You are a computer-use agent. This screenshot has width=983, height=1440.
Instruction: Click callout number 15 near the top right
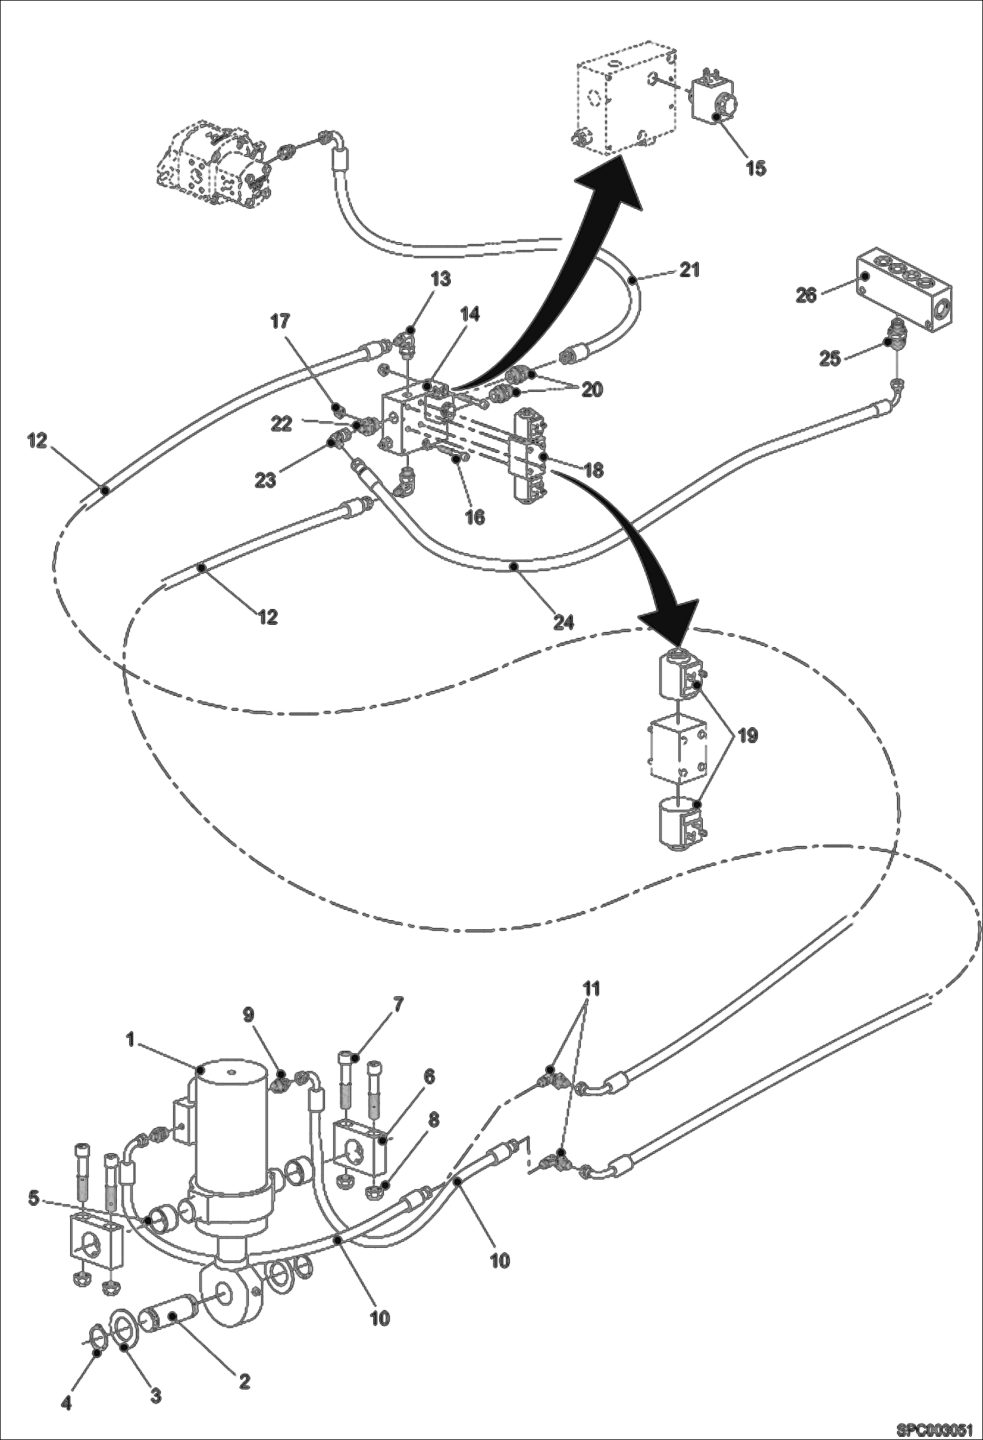755,168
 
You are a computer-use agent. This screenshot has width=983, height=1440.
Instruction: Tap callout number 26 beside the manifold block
806,296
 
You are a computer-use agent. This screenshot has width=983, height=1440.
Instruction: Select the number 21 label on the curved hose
689,270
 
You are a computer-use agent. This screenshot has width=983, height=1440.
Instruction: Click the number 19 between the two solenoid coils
747,736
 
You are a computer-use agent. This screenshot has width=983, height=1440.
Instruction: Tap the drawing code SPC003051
940,1427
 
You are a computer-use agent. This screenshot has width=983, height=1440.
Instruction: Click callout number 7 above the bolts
398,1005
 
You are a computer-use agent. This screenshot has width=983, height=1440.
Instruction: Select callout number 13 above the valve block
440,280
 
